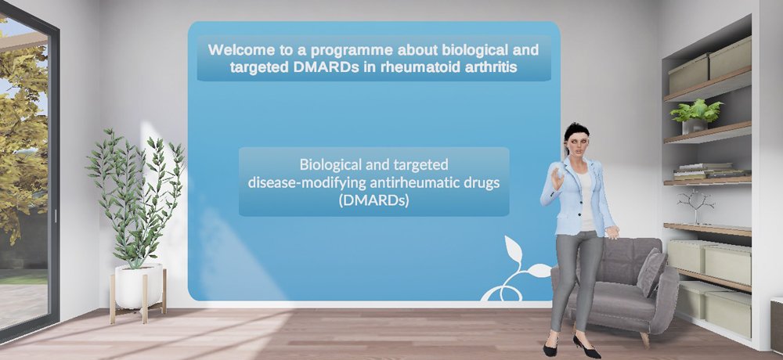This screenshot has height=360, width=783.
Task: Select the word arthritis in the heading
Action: tap(493, 67)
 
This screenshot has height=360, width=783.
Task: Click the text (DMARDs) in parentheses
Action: tap(373, 201)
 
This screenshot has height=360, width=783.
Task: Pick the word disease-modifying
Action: tap(307, 183)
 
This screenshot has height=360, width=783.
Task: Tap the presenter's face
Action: tap(579, 144)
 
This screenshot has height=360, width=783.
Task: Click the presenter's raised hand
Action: tap(557, 178)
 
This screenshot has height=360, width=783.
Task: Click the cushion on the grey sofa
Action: tap(651, 272)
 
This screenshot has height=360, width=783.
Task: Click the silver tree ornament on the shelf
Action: tap(695, 206)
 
